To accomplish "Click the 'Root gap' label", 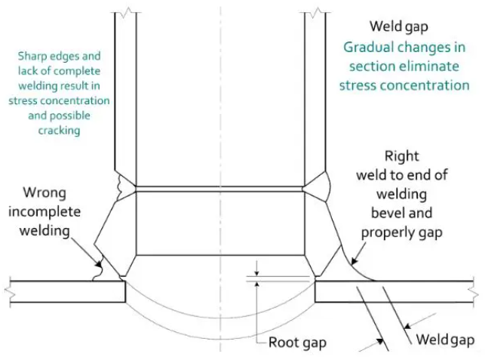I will click(x=297, y=342).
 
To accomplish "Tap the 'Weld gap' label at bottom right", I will click(x=446, y=340).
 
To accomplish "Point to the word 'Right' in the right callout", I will click(x=401, y=157).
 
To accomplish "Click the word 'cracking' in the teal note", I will click(x=58, y=130).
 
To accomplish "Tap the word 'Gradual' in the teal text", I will click(x=368, y=48).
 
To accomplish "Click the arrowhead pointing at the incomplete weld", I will click(x=100, y=265).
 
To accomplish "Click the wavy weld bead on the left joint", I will click(x=121, y=183).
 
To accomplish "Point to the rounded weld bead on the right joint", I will click(x=317, y=183).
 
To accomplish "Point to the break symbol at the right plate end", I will click(x=474, y=291).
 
